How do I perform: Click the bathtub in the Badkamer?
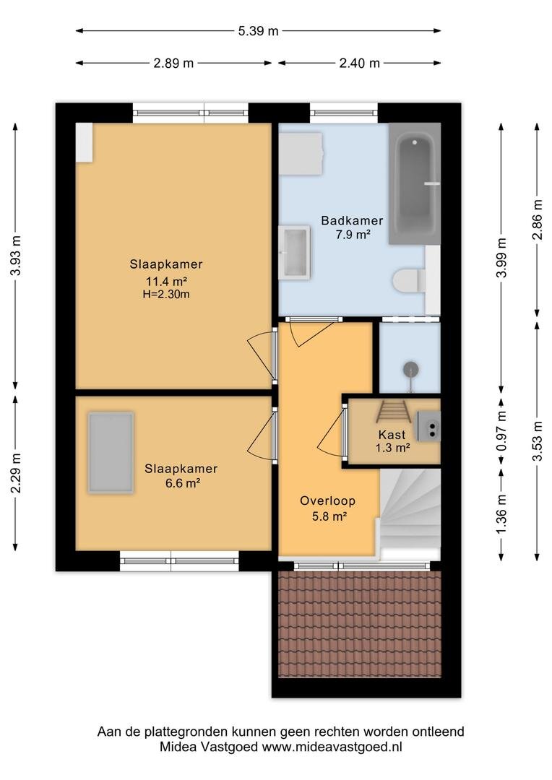pos(415,183)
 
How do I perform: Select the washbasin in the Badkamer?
pos(294,252)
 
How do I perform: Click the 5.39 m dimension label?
pos(258,31)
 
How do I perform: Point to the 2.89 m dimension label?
pos(173,63)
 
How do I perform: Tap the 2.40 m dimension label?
pos(359,63)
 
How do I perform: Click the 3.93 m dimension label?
pos(16,255)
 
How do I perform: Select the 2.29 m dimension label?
pos(16,473)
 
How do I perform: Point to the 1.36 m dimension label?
pos(501,514)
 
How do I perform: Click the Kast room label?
pos(392,435)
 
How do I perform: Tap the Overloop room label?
pos(327,501)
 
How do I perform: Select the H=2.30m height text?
pos(166,294)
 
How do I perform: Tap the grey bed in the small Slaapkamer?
pos(111,452)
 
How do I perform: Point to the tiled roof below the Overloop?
pos(360,624)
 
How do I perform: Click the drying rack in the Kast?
pos(393,411)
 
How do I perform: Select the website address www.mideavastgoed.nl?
pos(332,747)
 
